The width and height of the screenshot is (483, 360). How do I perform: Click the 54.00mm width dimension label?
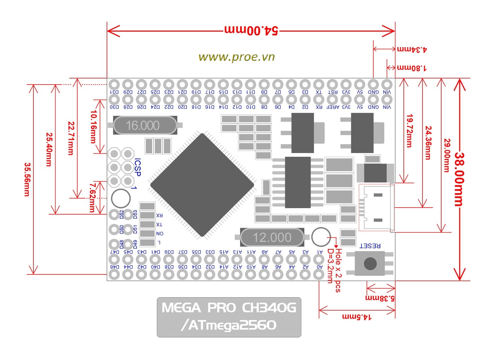click(x=251, y=30)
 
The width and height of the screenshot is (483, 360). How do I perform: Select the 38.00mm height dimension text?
click(x=460, y=179)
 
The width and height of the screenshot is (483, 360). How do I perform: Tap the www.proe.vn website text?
click(x=236, y=57)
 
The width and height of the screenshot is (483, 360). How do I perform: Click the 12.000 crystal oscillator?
click(x=272, y=237)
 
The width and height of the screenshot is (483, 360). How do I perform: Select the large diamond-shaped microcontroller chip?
click(x=202, y=185)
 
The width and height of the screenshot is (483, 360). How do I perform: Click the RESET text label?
click(x=370, y=246)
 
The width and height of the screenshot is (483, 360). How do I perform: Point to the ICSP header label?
click(x=137, y=167)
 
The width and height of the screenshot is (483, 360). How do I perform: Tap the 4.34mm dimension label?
click(x=412, y=49)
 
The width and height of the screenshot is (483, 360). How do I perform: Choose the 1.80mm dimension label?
click(x=411, y=68)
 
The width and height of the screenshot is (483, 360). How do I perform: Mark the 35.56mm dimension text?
click(x=27, y=179)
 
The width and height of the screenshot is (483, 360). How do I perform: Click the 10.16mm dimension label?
click(x=93, y=127)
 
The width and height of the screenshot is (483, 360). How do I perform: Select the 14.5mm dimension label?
click(x=357, y=316)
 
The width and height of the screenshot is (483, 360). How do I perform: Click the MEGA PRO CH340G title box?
click(x=229, y=317)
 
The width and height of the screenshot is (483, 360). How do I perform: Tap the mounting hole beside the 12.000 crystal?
click(x=321, y=237)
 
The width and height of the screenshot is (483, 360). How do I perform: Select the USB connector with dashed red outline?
click(x=376, y=208)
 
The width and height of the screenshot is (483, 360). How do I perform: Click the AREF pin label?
click(x=333, y=107)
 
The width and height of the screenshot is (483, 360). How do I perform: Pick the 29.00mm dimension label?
click(x=446, y=155)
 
